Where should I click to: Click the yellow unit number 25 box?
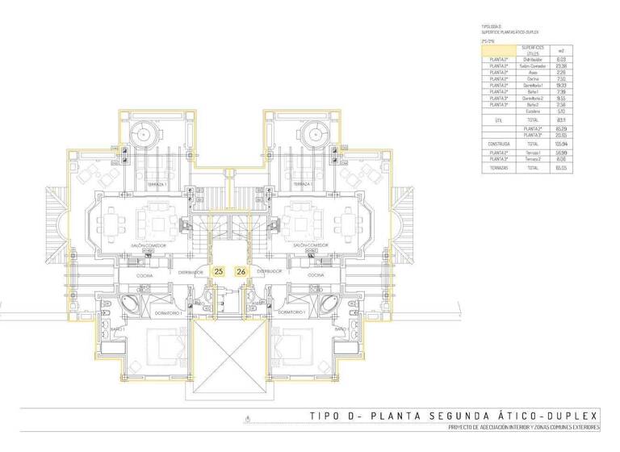point(219,272)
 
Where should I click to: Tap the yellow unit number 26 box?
point(241,272)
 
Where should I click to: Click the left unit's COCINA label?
point(145,276)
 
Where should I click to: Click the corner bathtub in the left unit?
point(127,304)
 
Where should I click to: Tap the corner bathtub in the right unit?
point(332,304)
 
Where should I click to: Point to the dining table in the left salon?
point(113,220)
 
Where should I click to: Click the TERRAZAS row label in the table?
point(498,168)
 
